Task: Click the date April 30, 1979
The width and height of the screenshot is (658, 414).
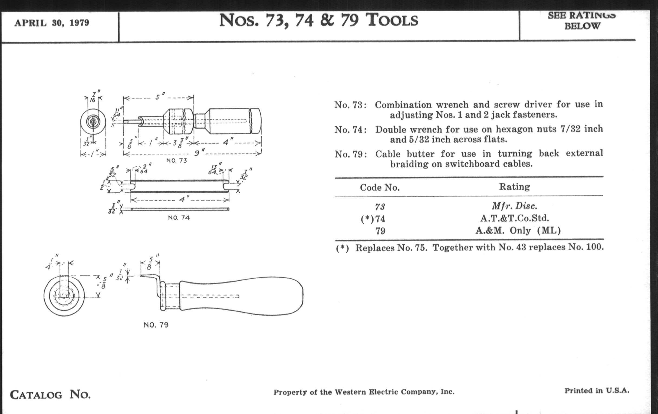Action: click(52, 23)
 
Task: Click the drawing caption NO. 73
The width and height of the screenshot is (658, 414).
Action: click(176, 160)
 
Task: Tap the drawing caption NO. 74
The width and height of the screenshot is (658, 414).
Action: click(179, 218)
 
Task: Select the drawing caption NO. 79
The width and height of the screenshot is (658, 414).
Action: click(156, 325)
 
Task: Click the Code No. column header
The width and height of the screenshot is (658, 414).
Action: click(380, 188)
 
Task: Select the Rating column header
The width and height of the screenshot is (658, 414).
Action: click(514, 187)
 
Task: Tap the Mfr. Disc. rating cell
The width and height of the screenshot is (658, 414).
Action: click(514, 205)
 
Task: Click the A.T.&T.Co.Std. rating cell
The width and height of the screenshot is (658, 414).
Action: click(515, 218)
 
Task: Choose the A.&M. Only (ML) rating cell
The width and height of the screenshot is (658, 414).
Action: click(518, 231)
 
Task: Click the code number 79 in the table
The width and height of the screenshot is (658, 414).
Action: click(380, 231)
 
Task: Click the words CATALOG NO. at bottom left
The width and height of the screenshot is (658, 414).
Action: click(50, 395)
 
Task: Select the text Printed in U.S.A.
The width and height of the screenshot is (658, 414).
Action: click(597, 390)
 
